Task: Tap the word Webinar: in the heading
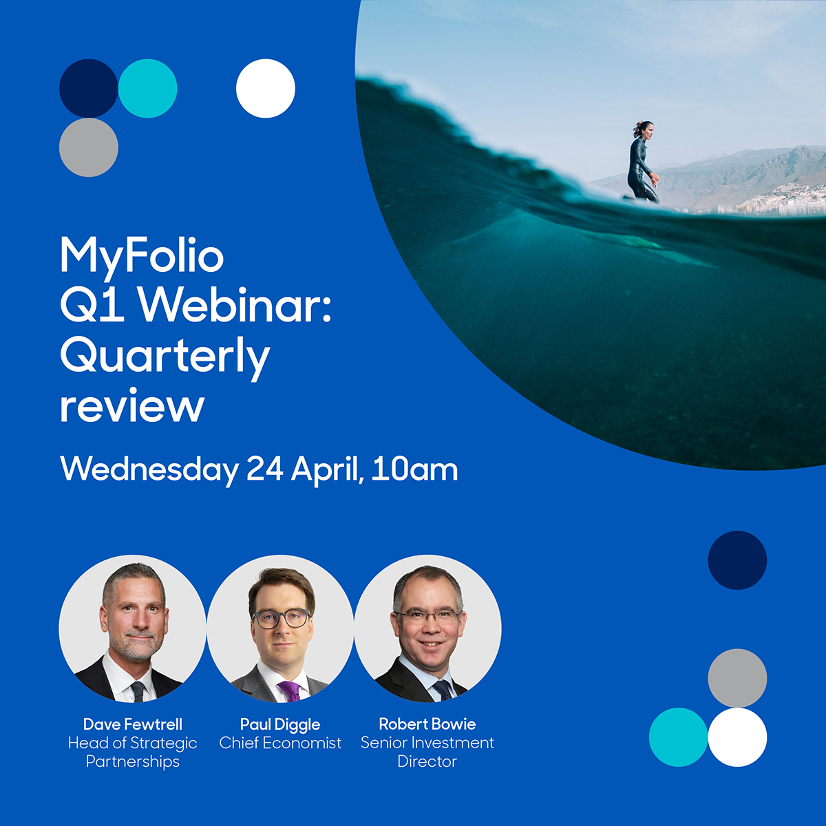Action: click(238, 306)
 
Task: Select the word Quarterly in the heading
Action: click(165, 357)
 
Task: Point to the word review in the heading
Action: click(132, 406)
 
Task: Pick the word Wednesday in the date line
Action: click(149, 469)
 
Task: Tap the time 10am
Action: click(414, 469)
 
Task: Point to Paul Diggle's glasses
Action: click(281, 617)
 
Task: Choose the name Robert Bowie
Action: click(427, 724)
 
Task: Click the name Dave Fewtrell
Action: click(133, 724)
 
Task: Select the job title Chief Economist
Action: click(280, 743)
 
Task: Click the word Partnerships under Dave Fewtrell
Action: click(133, 762)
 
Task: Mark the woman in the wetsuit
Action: click(642, 163)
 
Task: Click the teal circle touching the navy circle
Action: click(147, 88)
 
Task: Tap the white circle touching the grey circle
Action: click(737, 737)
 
